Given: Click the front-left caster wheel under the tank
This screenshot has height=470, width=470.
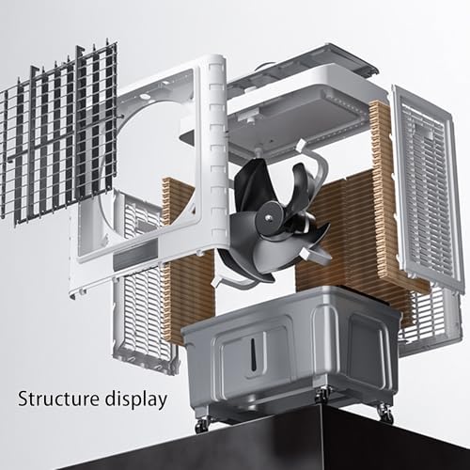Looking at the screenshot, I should point(202,426).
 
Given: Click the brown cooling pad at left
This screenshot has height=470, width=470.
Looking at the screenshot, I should point(188,282).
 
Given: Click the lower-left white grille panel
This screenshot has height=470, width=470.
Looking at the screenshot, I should point(141,301).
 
